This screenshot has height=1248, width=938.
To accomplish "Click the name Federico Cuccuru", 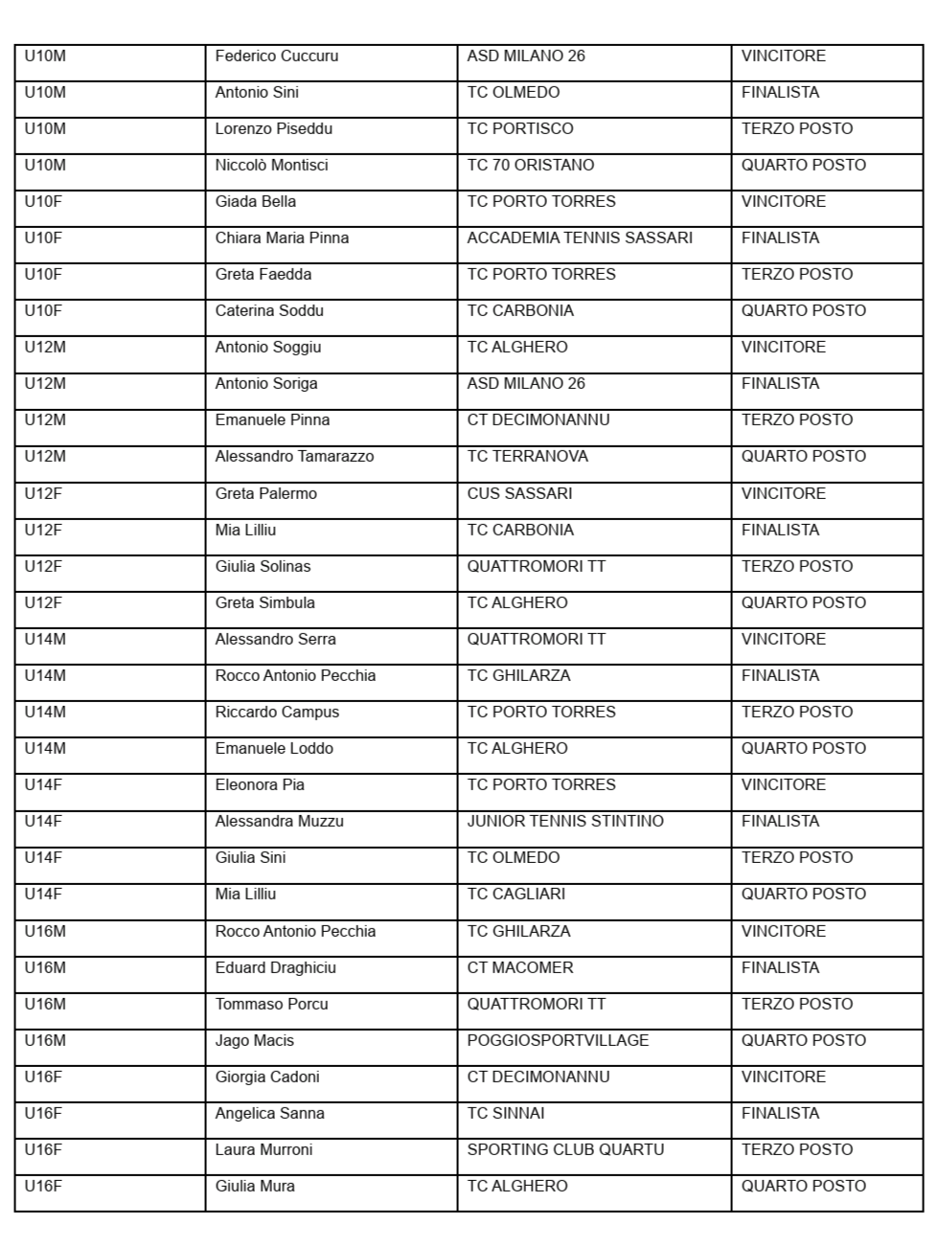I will tap(276, 56).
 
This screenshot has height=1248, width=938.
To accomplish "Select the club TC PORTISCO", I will tap(519, 128).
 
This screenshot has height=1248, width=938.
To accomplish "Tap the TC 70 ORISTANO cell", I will tap(530, 165).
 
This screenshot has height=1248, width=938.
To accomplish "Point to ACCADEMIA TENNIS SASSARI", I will tap(579, 238).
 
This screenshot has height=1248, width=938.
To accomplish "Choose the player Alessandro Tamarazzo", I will tap(294, 456).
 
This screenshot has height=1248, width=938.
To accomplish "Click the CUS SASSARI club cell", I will tap(519, 493).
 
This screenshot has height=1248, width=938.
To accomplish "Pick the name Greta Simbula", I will tap(264, 602).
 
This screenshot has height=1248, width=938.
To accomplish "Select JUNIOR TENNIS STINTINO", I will tap(564, 821).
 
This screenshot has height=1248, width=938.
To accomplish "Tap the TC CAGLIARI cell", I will tap(515, 894).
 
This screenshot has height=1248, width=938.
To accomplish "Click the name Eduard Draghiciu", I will tap(275, 967).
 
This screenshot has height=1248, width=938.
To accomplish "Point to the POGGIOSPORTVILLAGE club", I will tap(558, 1040).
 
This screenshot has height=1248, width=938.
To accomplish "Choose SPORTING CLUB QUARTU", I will tap(565, 1149).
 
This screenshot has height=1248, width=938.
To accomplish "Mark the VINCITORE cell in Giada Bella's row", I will tap(783, 201).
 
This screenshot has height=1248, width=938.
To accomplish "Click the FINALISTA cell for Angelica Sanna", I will tap(780, 1113).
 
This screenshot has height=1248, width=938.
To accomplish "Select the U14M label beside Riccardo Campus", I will tap(45, 712).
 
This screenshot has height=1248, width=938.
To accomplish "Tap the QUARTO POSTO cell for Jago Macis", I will tap(803, 1040).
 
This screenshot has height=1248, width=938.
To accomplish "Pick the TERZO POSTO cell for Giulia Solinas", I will tap(796, 566).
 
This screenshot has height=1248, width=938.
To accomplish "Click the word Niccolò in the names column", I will tap(241, 165).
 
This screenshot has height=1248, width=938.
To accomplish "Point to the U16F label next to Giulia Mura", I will tap(43, 1186).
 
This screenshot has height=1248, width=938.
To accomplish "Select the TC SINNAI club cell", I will tap(508, 1113).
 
